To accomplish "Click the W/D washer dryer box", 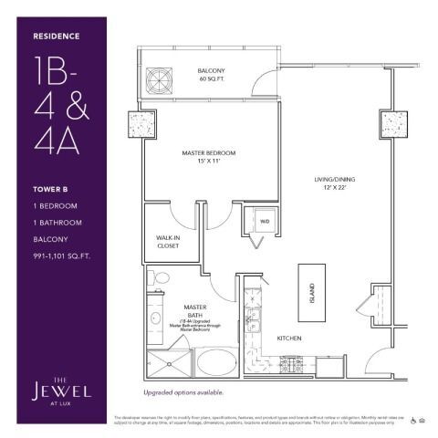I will [x=265, y=222].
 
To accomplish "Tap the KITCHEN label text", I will [x=289, y=339].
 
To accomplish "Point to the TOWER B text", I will [x=51, y=189].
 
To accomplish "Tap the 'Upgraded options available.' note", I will [x=183, y=392].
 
